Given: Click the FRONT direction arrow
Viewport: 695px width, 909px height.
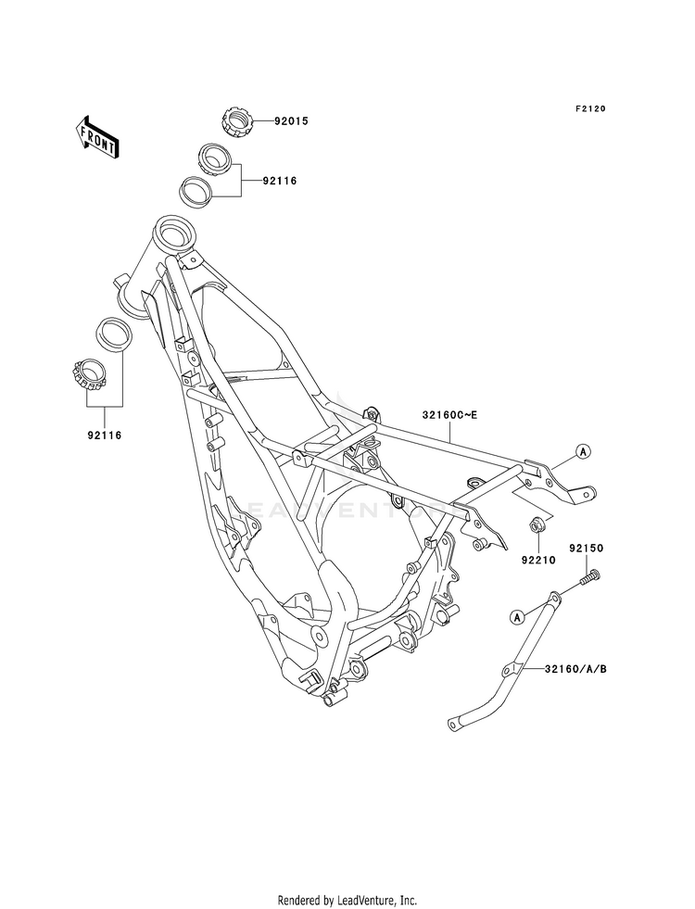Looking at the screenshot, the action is pyautogui.click(x=96, y=137).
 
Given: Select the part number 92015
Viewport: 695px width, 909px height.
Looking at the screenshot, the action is pyautogui.click(x=291, y=121).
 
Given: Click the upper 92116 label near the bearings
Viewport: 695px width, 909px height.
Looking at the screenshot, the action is pyautogui.click(x=280, y=182).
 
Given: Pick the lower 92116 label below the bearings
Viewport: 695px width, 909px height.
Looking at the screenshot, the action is pyautogui.click(x=105, y=436).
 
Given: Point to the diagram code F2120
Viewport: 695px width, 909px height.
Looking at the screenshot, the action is pyautogui.click(x=590, y=108).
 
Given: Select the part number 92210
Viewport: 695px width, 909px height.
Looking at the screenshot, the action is pyautogui.click(x=538, y=560).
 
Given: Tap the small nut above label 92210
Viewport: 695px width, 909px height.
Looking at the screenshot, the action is pyautogui.click(x=536, y=524).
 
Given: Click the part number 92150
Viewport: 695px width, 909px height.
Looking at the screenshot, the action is pyautogui.click(x=586, y=548).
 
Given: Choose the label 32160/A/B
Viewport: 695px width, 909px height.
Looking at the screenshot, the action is pyautogui.click(x=575, y=669).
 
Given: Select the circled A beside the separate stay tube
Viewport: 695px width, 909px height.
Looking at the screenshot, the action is pyautogui.click(x=517, y=617).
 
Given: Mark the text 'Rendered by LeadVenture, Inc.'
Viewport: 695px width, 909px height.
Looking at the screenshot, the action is pyautogui.click(x=347, y=901).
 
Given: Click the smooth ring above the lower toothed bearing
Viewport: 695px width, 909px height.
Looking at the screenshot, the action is pyautogui.click(x=114, y=335).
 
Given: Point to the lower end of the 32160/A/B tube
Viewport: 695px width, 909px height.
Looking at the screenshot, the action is pyautogui.click(x=454, y=724).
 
